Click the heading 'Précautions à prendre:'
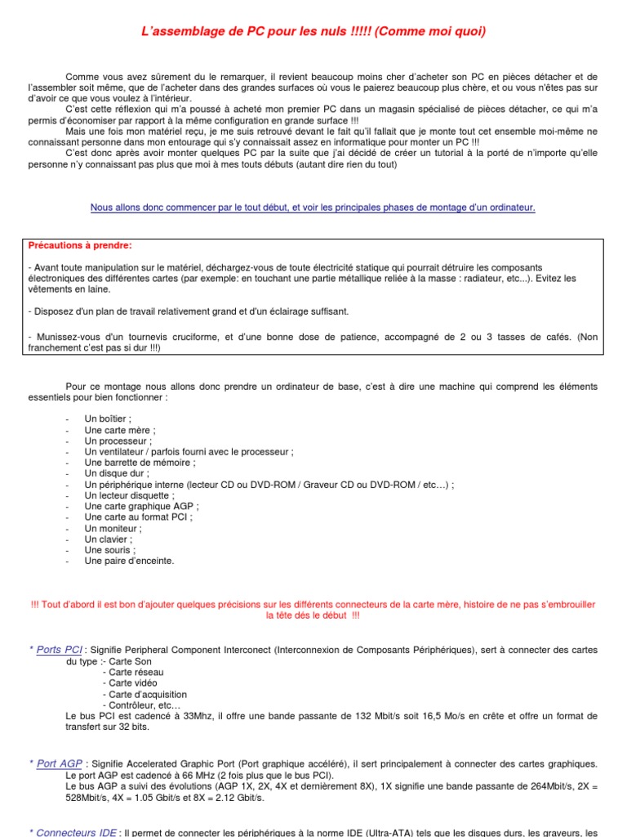79,245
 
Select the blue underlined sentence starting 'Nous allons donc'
313,208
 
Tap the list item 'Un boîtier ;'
108,418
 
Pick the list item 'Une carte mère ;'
119,429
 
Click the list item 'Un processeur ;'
118,441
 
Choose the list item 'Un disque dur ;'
117,473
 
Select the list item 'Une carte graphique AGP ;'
141,506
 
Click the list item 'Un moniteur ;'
113,528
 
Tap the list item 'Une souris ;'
110,550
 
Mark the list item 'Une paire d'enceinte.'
129,561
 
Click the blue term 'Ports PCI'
60,650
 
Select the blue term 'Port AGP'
58,763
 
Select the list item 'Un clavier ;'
109,539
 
